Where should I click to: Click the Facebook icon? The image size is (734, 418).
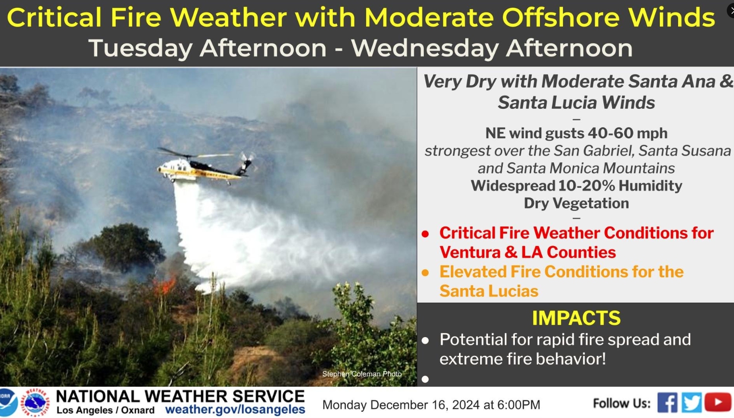(667, 402)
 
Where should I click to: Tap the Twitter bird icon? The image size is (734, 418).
(692, 402)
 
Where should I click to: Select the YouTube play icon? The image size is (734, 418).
(718, 402)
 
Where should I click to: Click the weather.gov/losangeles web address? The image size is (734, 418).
(235, 409)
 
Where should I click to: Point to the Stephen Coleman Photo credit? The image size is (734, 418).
(362, 374)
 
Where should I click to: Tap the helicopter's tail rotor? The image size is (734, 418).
(247, 158)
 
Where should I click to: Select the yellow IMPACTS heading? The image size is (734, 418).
(576, 318)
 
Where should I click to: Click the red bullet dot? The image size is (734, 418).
(425, 234)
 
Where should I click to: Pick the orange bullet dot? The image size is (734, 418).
(425, 273)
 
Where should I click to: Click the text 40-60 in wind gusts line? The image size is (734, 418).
(611, 133)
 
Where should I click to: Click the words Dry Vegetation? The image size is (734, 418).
(577, 203)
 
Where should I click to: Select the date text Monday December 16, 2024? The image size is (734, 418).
(401, 405)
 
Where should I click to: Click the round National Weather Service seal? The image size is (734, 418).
(35, 402)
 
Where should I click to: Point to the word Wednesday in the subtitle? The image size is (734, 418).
(425, 49)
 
